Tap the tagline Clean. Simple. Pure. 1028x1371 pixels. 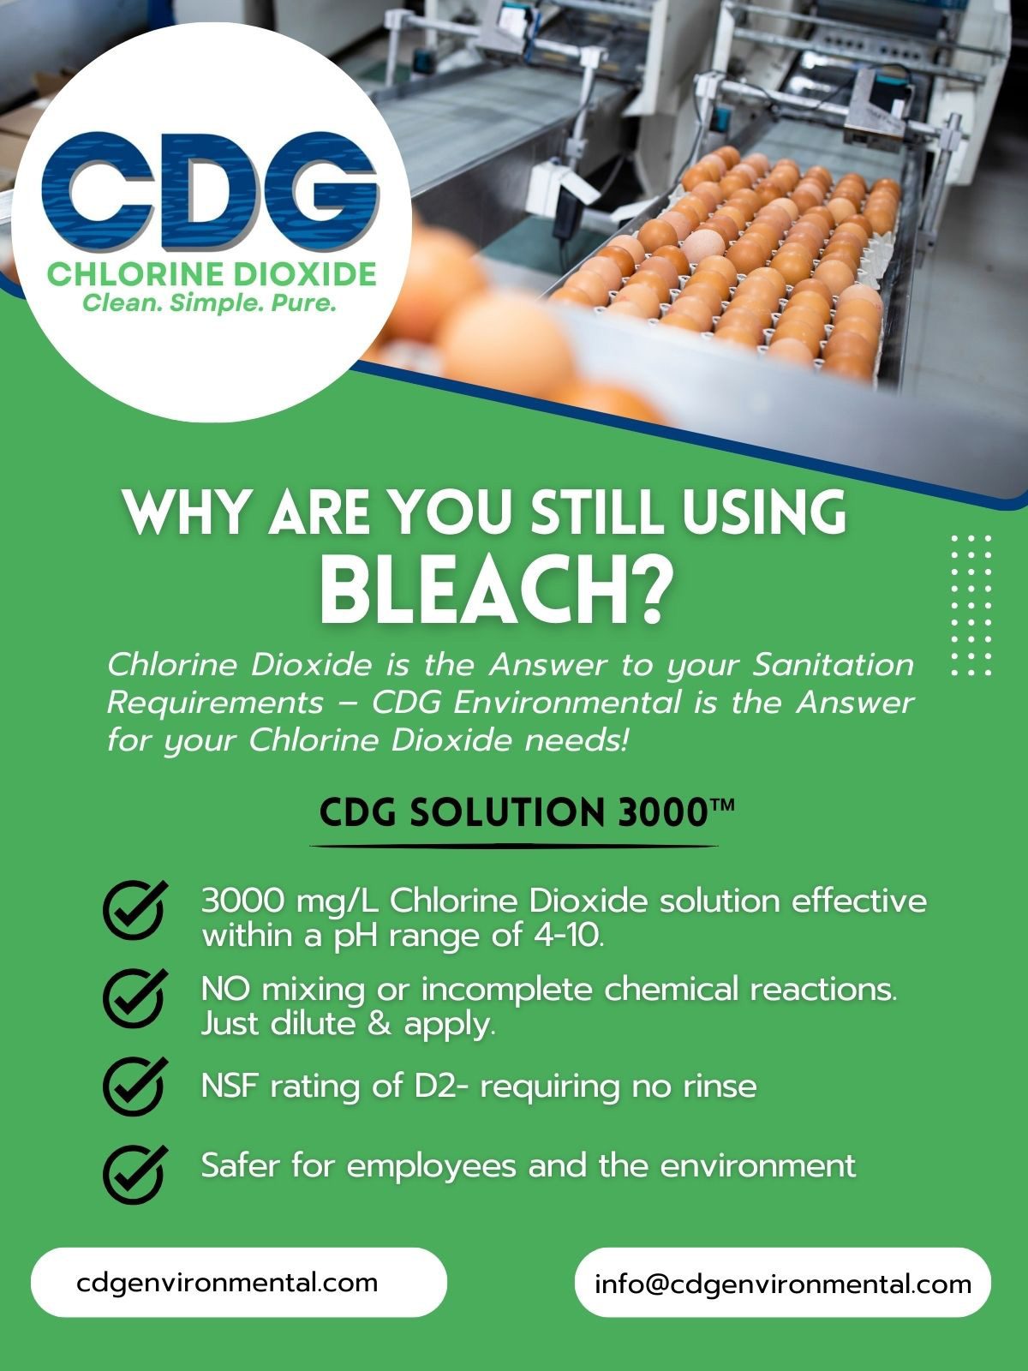click(x=210, y=303)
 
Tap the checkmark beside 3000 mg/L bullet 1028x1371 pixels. click(x=134, y=909)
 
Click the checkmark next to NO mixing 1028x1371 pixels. click(x=134, y=998)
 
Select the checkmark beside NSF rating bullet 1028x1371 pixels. click(x=134, y=1087)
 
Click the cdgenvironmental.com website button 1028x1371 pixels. click(x=239, y=1282)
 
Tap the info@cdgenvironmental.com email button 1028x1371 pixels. click(x=783, y=1282)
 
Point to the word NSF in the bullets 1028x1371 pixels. click(x=229, y=1087)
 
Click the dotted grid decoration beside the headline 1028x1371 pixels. click(x=971, y=605)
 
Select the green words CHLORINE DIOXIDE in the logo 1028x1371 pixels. click(x=212, y=274)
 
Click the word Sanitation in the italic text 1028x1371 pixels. click(x=834, y=665)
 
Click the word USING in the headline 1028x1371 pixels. click(x=765, y=512)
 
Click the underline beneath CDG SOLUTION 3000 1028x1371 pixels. click(x=514, y=847)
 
